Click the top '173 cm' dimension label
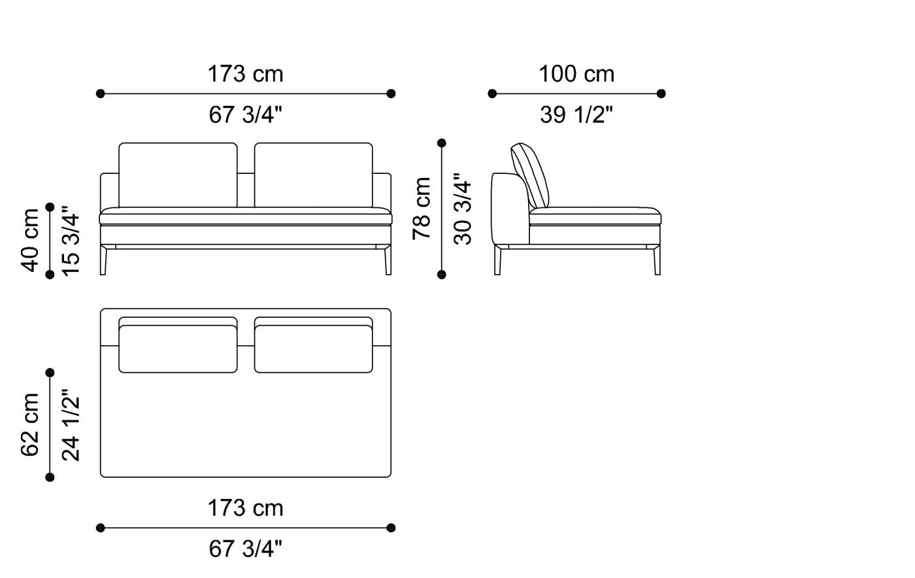point(245,74)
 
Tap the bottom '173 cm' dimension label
point(245,508)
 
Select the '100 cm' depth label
point(576,74)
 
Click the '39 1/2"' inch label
point(576,115)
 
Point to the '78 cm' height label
point(422,208)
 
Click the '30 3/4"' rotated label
point(463,209)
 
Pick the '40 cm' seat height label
point(30,240)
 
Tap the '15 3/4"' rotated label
point(71,240)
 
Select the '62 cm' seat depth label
point(30,424)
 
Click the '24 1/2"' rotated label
point(71,425)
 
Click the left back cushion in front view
point(178,175)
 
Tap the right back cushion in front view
point(313,175)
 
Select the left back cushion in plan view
point(178,348)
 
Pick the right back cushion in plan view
point(313,348)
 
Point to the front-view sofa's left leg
point(103,260)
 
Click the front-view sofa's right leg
point(388,260)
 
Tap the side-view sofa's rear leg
point(498,260)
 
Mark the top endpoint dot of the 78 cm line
point(442,143)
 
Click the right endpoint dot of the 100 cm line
point(661,93)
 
